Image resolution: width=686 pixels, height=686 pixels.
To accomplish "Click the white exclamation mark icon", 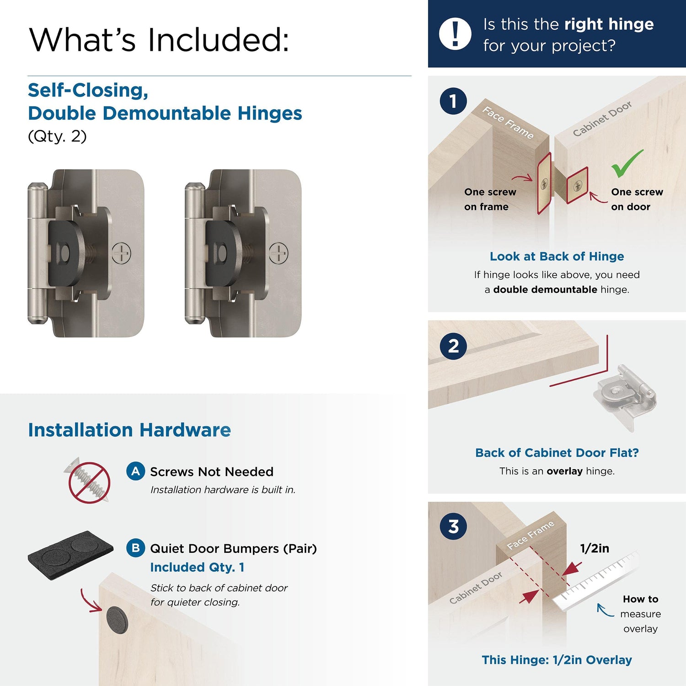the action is point(455,34).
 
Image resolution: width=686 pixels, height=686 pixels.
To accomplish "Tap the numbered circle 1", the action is point(453,101).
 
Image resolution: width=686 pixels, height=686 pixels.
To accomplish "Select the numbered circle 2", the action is point(453,346).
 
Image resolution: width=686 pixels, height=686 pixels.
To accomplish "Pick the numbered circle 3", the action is point(453,526).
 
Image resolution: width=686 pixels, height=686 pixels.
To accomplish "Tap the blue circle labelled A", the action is point(136,471).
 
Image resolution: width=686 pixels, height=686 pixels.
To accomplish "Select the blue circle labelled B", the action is point(136,548).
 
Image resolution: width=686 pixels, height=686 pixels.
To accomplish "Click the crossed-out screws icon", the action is point(89,481).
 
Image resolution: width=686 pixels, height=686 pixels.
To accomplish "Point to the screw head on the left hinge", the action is point(122,253).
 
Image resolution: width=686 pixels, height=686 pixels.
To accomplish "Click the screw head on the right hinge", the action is point(279,253).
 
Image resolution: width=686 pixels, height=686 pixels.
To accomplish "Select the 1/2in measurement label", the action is point(595,548).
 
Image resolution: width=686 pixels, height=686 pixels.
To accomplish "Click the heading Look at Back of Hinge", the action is point(557,256).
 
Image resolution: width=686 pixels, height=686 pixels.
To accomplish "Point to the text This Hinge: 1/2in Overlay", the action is point(557,660).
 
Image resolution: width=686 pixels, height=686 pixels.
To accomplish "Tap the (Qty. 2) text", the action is point(57,136).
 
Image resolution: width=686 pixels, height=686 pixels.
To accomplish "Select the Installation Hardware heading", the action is point(129,430).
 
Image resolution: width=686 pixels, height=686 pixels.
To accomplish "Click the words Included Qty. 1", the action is point(197,568).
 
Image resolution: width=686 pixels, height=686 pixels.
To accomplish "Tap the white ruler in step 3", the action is point(596,582).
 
